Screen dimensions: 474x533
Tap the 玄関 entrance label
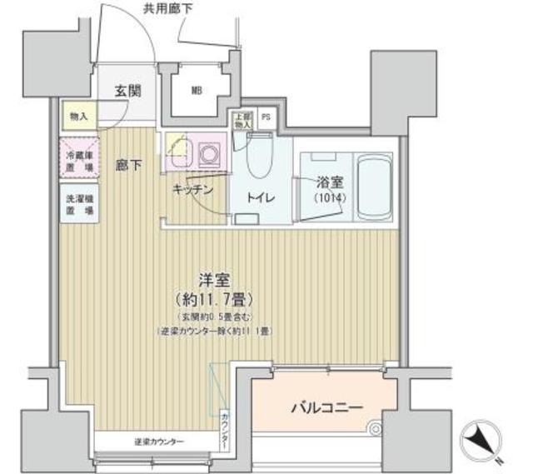127,91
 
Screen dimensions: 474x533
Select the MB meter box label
197,91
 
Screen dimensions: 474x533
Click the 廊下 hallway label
127,164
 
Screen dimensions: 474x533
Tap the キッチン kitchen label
193,190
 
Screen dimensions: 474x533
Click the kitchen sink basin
180,152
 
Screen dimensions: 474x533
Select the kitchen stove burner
208,152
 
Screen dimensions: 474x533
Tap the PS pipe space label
266,117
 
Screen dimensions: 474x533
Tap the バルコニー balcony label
326,408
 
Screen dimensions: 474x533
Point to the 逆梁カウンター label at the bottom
158,441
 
